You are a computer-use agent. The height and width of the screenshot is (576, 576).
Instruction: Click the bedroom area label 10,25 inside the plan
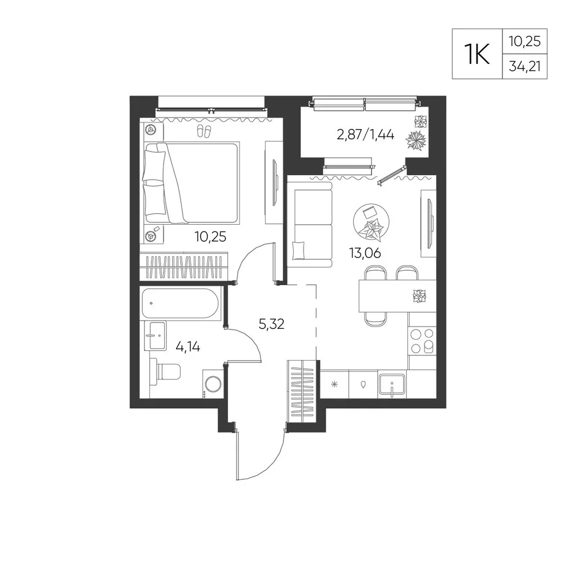210,237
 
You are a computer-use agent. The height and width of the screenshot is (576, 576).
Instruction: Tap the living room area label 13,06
365,253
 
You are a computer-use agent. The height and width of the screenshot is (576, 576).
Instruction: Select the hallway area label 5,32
271,324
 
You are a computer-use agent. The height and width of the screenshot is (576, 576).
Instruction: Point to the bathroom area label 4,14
188,346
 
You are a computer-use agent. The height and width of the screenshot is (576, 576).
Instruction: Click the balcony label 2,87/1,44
366,135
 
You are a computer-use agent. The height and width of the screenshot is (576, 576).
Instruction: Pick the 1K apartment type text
477,54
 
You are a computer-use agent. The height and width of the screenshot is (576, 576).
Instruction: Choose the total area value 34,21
525,66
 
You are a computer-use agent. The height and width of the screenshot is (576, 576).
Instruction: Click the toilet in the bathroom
165,372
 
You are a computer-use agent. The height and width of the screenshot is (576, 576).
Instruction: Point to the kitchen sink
392,385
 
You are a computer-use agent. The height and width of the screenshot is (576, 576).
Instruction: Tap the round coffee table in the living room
371,222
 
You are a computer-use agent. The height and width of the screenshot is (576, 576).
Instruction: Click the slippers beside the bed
204,131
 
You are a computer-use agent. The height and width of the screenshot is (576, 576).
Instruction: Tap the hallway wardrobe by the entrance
302,392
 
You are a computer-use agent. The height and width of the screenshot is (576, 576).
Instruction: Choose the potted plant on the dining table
419,296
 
